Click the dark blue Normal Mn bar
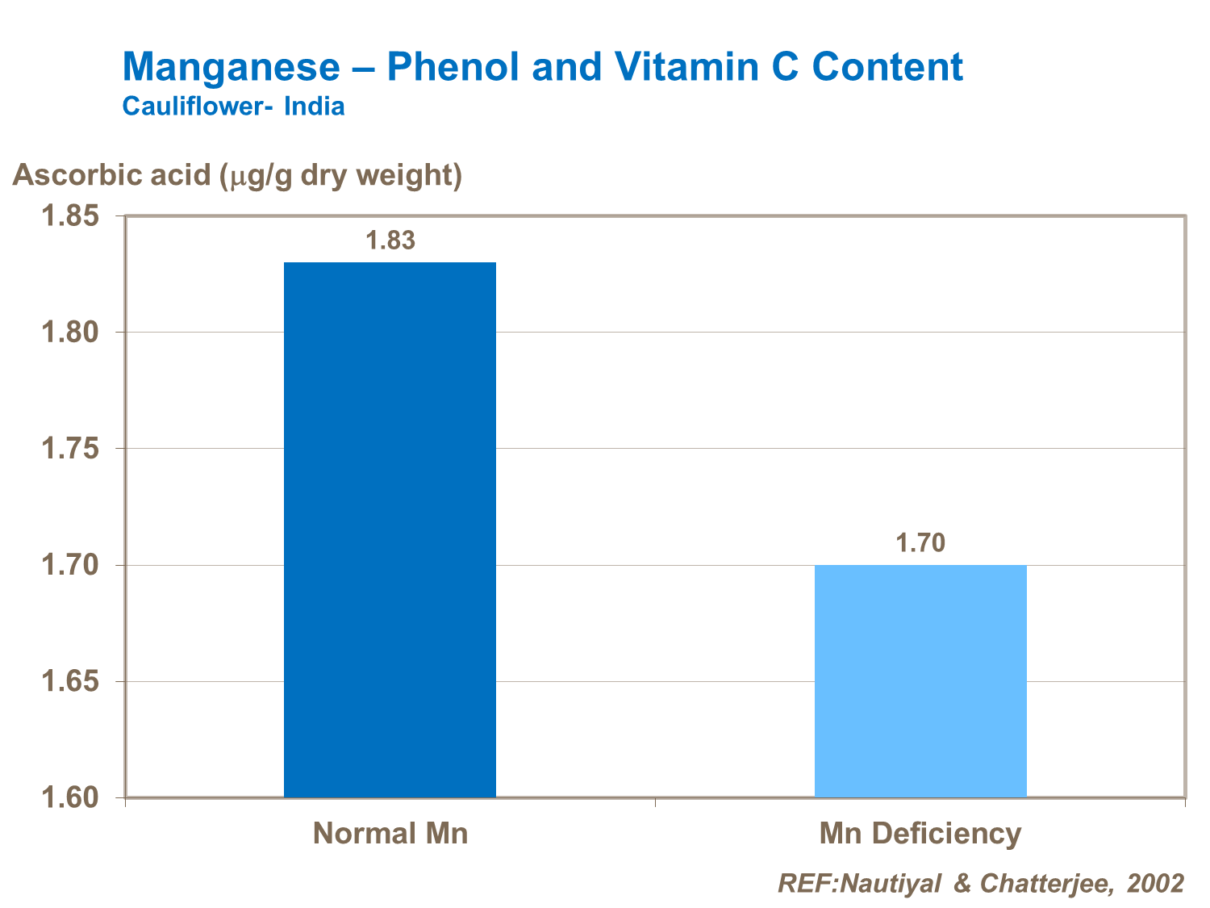[x=390, y=529]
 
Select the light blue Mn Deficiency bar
[x=920, y=680]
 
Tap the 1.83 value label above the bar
[x=390, y=241]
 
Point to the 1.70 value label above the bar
[x=920, y=543]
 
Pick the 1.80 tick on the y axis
[x=70, y=333]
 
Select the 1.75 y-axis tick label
[x=70, y=449]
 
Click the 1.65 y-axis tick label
[x=70, y=682]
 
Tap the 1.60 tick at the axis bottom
[x=70, y=798]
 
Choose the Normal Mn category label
[x=390, y=833]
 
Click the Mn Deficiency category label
[x=920, y=833]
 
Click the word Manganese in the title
[x=232, y=67]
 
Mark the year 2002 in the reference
[x=1156, y=883]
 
